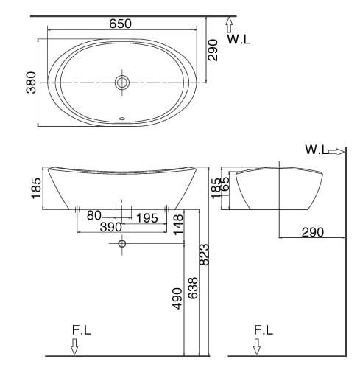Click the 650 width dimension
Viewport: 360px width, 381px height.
point(121,24)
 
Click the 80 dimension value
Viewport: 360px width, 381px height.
point(94,216)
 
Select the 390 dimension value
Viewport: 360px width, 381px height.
point(110,228)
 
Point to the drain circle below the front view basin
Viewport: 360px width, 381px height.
point(122,243)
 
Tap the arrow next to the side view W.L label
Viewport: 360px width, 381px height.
point(336,151)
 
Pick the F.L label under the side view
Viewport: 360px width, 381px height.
point(263,331)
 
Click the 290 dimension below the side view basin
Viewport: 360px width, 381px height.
point(312,232)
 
